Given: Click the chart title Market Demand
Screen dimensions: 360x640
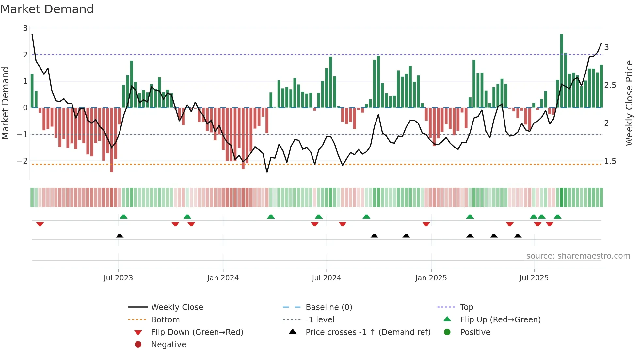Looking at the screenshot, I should [x=47, y=9].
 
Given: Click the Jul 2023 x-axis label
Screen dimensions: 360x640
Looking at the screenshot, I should [x=118, y=278].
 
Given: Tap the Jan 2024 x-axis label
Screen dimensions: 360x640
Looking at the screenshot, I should [x=223, y=278].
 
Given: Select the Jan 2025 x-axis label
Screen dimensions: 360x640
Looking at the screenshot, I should [x=431, y=278].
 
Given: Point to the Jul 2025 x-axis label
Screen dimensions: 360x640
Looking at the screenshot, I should [x=534, y=278].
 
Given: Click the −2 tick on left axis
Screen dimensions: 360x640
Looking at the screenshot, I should [x=22, y=161].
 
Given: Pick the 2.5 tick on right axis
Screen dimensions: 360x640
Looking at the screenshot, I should [x=610, y=85].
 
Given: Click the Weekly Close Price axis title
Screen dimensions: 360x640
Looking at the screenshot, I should [x=629, y=103].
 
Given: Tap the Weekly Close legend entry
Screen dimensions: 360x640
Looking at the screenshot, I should [x=177, y=307].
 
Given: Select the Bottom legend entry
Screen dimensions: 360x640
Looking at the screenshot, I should [x=165, y=320].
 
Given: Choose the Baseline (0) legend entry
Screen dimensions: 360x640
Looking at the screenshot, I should [x=328, y=307].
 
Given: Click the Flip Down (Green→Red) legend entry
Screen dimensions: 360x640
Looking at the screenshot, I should [x=197, y=332].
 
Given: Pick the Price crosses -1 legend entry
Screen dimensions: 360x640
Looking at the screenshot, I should [x=368, y=332].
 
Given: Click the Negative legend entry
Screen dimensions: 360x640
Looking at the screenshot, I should [x=168, y=345].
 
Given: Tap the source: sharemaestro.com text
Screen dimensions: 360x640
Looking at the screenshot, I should [x=578, y=256].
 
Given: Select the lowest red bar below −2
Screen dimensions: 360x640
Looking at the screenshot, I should [x=112, y=140].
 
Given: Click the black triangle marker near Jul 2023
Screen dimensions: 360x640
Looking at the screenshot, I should [x=120, y=236].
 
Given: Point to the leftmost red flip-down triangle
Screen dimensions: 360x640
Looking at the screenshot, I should [x=40, y=224].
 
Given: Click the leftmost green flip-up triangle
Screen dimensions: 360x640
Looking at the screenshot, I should [x=123, y=217].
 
